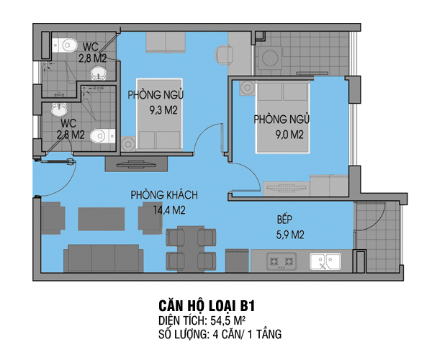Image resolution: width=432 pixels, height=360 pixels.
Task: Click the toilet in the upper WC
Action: click(65, 45)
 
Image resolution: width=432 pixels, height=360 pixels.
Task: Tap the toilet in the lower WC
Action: click(103, 136)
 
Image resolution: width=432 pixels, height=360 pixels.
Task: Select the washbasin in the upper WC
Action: click(99, 73)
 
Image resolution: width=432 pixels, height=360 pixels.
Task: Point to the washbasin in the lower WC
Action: click(59, 109)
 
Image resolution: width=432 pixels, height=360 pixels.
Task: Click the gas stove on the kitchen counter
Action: click(282, 261)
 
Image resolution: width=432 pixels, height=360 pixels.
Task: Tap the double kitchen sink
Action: click(325, 261)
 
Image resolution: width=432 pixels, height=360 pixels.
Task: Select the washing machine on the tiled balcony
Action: click(271, 58)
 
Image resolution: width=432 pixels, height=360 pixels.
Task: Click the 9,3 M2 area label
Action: click(163, 110)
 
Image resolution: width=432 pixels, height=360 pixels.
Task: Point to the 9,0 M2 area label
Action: click(289, 135)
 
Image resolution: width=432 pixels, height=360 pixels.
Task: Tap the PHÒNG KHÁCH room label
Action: click(164, 195)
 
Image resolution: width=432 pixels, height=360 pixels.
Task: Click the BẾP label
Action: click(284, 220)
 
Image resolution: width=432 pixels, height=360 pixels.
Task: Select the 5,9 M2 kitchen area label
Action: click(290, 235)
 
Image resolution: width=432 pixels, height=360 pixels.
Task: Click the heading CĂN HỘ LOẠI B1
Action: click(207, 305)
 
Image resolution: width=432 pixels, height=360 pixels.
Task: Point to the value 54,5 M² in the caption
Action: click(228, 320)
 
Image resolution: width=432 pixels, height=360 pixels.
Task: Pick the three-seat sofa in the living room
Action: click(104, 258)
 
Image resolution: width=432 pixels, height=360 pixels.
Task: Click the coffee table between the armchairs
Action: click(102, 219)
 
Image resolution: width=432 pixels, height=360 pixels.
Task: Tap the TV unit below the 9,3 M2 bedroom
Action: click(136, 164)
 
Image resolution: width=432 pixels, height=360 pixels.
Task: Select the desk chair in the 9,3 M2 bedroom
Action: click(224, 55)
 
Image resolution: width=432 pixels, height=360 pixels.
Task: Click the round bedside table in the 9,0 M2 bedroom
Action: click(247, 88)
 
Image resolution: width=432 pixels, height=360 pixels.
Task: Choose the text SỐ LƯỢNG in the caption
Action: click(183, 334)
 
